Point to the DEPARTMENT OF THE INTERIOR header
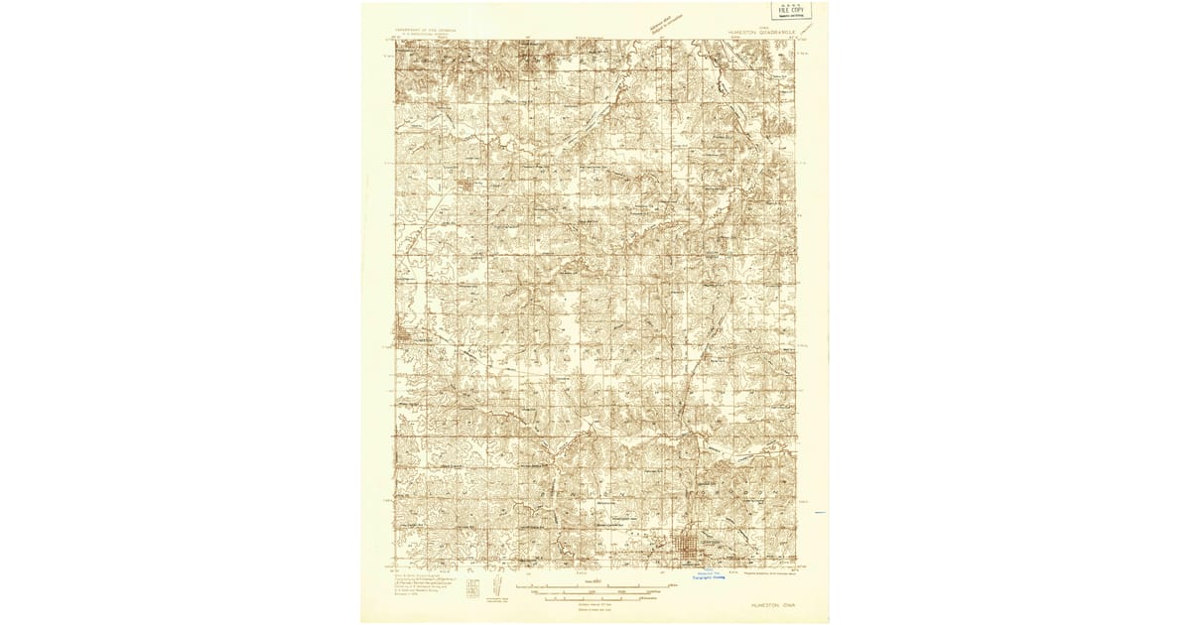tap(430, 31)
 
